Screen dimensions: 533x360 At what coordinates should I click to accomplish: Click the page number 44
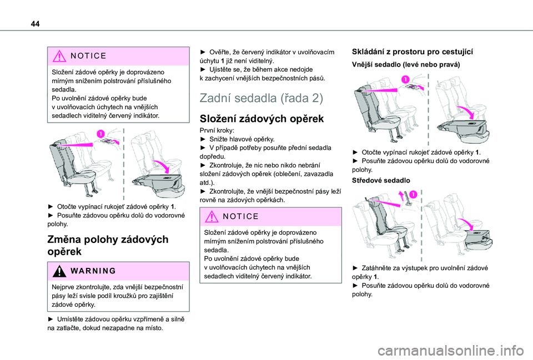35,24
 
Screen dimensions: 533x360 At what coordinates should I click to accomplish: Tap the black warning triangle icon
59,271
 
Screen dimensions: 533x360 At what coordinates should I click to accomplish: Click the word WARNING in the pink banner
93,271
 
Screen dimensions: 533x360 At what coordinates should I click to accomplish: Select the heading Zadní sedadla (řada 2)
261,98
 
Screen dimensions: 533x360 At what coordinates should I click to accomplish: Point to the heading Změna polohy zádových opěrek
108,245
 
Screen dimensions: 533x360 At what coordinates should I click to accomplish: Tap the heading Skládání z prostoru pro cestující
413,52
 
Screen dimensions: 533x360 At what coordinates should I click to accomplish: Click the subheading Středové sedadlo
381,180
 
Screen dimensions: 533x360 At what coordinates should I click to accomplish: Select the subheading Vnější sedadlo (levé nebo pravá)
406,64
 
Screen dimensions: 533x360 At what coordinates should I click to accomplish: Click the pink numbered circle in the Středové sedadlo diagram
413,195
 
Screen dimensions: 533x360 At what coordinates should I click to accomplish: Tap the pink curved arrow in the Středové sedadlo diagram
466,224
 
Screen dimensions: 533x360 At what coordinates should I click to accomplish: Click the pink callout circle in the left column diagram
100,134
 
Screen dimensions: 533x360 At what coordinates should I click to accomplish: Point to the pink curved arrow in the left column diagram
162,166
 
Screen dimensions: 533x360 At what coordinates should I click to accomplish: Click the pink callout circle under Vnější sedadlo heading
405,79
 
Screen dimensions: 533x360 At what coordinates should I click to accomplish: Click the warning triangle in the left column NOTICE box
59,56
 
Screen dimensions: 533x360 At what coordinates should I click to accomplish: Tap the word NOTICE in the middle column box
240,216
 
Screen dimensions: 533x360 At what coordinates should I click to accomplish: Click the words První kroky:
217,130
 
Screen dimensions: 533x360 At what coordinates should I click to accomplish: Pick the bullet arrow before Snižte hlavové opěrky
203,139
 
